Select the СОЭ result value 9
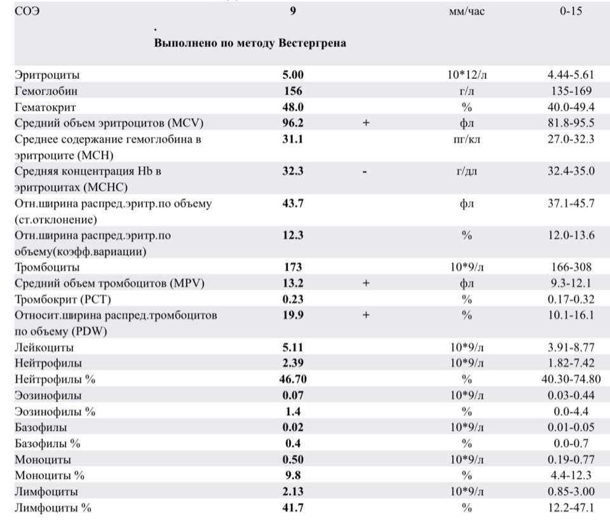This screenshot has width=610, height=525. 293,11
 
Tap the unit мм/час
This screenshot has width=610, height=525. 466,11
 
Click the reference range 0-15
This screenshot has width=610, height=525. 571,11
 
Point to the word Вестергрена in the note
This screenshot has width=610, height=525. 312,43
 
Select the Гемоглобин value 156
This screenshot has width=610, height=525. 293,90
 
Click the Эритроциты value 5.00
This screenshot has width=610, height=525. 293,75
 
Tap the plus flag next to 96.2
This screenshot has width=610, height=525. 366,123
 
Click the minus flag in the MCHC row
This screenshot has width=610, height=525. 366,171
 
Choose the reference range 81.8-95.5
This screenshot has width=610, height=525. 571,123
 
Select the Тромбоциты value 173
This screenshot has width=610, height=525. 293,267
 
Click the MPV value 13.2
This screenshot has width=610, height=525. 293,283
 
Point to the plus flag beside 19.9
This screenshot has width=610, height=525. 366,316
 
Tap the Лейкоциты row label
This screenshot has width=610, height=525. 44,347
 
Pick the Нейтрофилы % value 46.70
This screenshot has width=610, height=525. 293,379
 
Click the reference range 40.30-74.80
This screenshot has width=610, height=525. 571,379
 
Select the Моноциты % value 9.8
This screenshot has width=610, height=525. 293,475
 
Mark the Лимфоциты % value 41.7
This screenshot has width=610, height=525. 293,507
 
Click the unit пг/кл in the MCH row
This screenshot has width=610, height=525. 466,139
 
